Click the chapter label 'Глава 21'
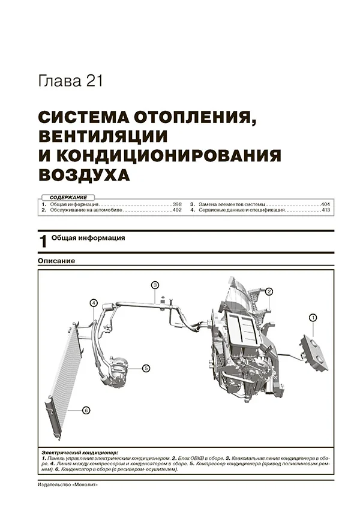pyautogui.click(x=70, y=82)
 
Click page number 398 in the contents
pyautogui.click(x=176, y=204)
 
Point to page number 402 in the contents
pyautogui.click(x=176, y=210)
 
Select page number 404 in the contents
pyautogui.click(x=327, y=204)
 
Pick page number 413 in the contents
pyautogui.click(x=327, y=210)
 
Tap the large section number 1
pyautogui.click(x=43, y=242)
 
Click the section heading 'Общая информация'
pyautogui.click(x=88, y=238)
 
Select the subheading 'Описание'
pyautogui.click(x=56, y=263)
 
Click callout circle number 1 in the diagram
pyautogui.click(x=313, y=317)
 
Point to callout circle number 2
pyautogui.click(x=269, y=291)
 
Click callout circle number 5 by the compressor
pyautogui.click(x=146, y=368)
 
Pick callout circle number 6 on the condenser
pyautogui.click(x=86, y=411)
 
